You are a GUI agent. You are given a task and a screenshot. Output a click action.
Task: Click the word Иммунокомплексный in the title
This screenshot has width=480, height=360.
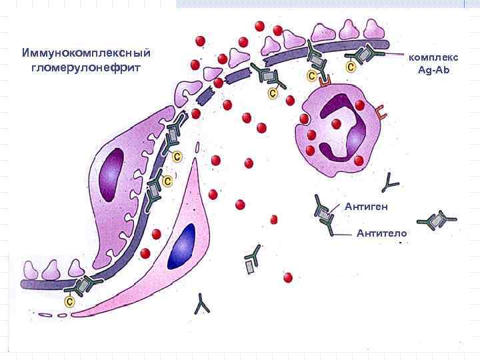coord(86,53)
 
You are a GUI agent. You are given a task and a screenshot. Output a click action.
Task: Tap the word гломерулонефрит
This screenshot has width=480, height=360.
coord(86,68)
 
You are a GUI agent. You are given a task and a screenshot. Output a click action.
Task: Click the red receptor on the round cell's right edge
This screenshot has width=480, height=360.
coord(381,113)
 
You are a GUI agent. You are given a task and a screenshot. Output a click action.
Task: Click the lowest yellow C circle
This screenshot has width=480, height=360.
coord(69,302)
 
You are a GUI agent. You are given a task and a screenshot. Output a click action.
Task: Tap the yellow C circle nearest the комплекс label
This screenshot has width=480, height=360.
coord(351,67)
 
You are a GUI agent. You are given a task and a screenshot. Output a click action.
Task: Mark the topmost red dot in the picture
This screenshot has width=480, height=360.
coord(259,26)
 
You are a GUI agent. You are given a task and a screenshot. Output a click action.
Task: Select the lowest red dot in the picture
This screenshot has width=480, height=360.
coord(288,277)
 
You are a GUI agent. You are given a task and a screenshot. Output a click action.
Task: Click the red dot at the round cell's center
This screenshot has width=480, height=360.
coord(337,123)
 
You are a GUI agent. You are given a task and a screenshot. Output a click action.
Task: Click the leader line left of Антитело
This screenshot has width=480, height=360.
coord(343,234)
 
